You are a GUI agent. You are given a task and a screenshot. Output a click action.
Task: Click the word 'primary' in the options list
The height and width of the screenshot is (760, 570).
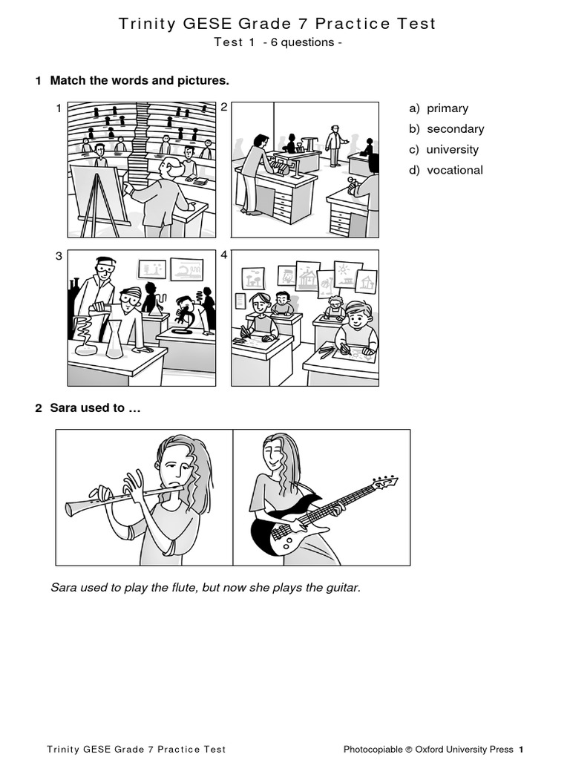(447, 108)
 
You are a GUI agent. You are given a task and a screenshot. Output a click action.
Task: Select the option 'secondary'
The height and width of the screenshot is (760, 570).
(455, 129)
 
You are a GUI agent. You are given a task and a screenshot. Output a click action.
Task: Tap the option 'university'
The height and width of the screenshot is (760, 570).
(452, 149)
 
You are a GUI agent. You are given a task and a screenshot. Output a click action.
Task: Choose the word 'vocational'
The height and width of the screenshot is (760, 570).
(454, 170)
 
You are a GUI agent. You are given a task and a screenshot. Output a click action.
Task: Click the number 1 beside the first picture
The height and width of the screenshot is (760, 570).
(59, 109)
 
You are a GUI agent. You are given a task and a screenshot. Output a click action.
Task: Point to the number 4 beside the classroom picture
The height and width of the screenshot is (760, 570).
(224, 255)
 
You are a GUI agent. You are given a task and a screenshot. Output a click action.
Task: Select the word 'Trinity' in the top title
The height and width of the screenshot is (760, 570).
(146, 24)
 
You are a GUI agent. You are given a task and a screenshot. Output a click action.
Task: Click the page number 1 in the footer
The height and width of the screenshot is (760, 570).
(521, 749)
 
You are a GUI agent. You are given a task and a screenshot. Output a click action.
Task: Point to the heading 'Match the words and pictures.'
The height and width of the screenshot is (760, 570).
(140, 80)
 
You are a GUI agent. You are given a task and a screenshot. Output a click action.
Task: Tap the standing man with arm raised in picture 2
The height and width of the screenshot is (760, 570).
(335, 143)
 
